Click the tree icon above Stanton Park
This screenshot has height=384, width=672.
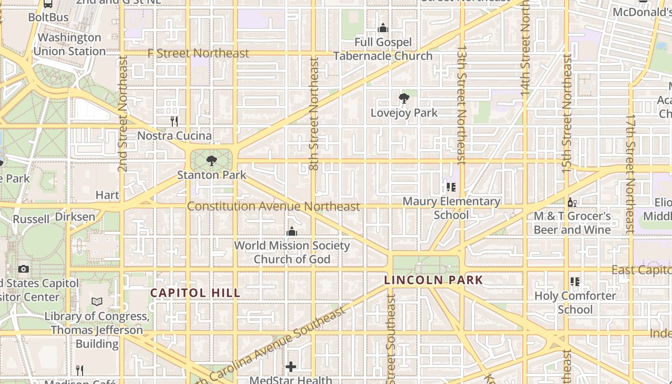tap(211, 161)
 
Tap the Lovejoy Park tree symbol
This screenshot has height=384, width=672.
tap(404, 99)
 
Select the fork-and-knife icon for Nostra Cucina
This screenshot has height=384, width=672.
tap(174, 121)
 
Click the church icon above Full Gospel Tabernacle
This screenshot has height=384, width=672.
tap(383, 28)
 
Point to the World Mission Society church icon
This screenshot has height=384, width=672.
tap(291, 232)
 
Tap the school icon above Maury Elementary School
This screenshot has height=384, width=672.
tap(451, 187)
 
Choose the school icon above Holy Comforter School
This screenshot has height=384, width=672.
tap(575, 282)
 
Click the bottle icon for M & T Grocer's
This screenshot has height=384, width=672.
tap(572, 203)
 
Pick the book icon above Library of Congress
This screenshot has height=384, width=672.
tap(97, 302)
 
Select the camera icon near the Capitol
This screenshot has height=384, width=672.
tap(24, 269)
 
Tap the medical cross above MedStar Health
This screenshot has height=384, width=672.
tap(290, 367)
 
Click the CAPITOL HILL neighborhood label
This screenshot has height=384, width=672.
tap(195, 293)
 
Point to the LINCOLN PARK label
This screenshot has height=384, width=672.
tap(434, 280)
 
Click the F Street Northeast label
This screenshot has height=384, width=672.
tap(198, 53)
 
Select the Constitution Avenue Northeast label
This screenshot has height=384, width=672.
tap(273, 206)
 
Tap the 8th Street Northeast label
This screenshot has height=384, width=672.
tap(314, 114)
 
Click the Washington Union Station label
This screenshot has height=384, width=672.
tap(70, 44)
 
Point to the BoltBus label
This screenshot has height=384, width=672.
tap(48, 17)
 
